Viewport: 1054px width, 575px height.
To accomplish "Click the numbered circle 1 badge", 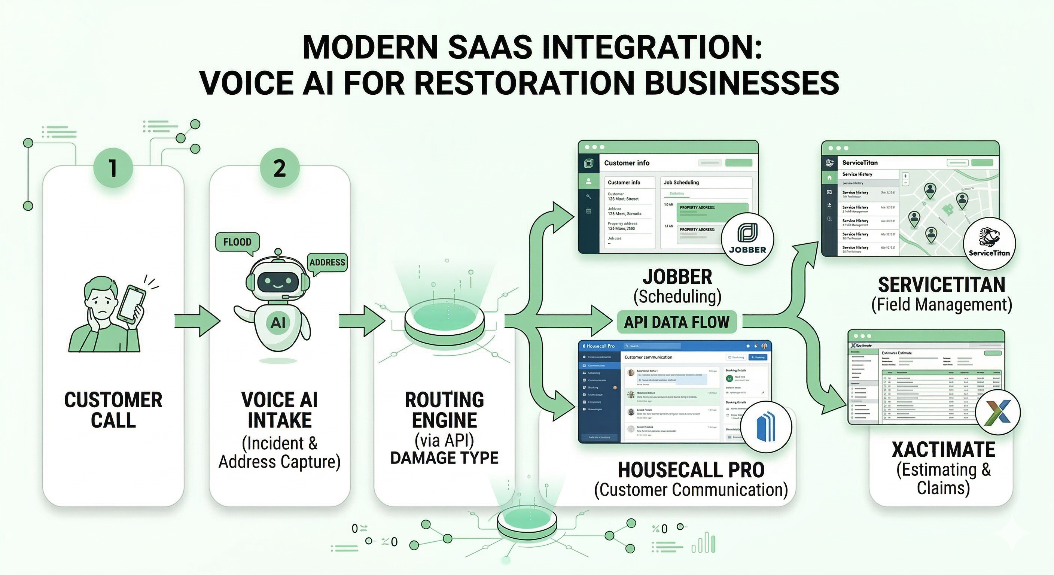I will [x=113, y=168].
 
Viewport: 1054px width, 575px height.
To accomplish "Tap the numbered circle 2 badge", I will [x=280, y=168].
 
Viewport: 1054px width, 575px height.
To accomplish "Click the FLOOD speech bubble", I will [x=237, y=242].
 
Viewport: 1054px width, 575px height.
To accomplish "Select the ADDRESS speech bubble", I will [x=328, y=262].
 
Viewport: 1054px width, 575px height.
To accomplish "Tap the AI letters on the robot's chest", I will [x=278, y=323].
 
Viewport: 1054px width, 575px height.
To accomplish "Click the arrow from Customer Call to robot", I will [x=197, y=321].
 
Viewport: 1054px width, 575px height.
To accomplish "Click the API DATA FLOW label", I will [x=676, y=322].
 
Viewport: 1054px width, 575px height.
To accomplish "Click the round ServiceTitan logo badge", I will [x=989, y=243].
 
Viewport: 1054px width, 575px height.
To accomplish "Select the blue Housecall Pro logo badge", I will [x=765, y=427].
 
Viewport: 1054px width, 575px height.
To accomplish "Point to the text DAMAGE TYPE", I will [x=444, y=458].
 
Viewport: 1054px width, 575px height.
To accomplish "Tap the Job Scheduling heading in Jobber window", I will [x=681, y=183].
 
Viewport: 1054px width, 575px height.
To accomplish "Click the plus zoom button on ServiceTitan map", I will [x=905, y=176].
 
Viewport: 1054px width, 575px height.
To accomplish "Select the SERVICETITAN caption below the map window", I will [x=941, y=285].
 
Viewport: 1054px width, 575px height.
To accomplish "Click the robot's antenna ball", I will [x=278, y=251].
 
